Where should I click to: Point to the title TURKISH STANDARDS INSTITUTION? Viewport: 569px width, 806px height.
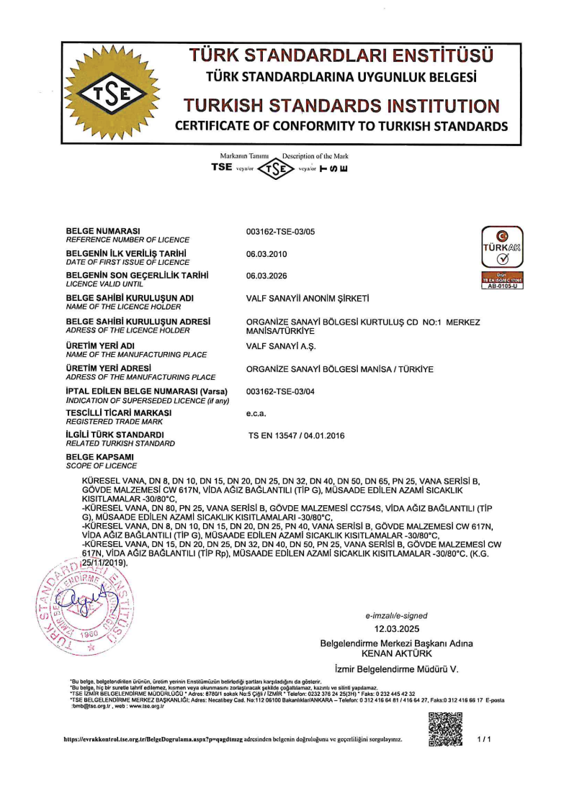[x=341, y=105]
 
